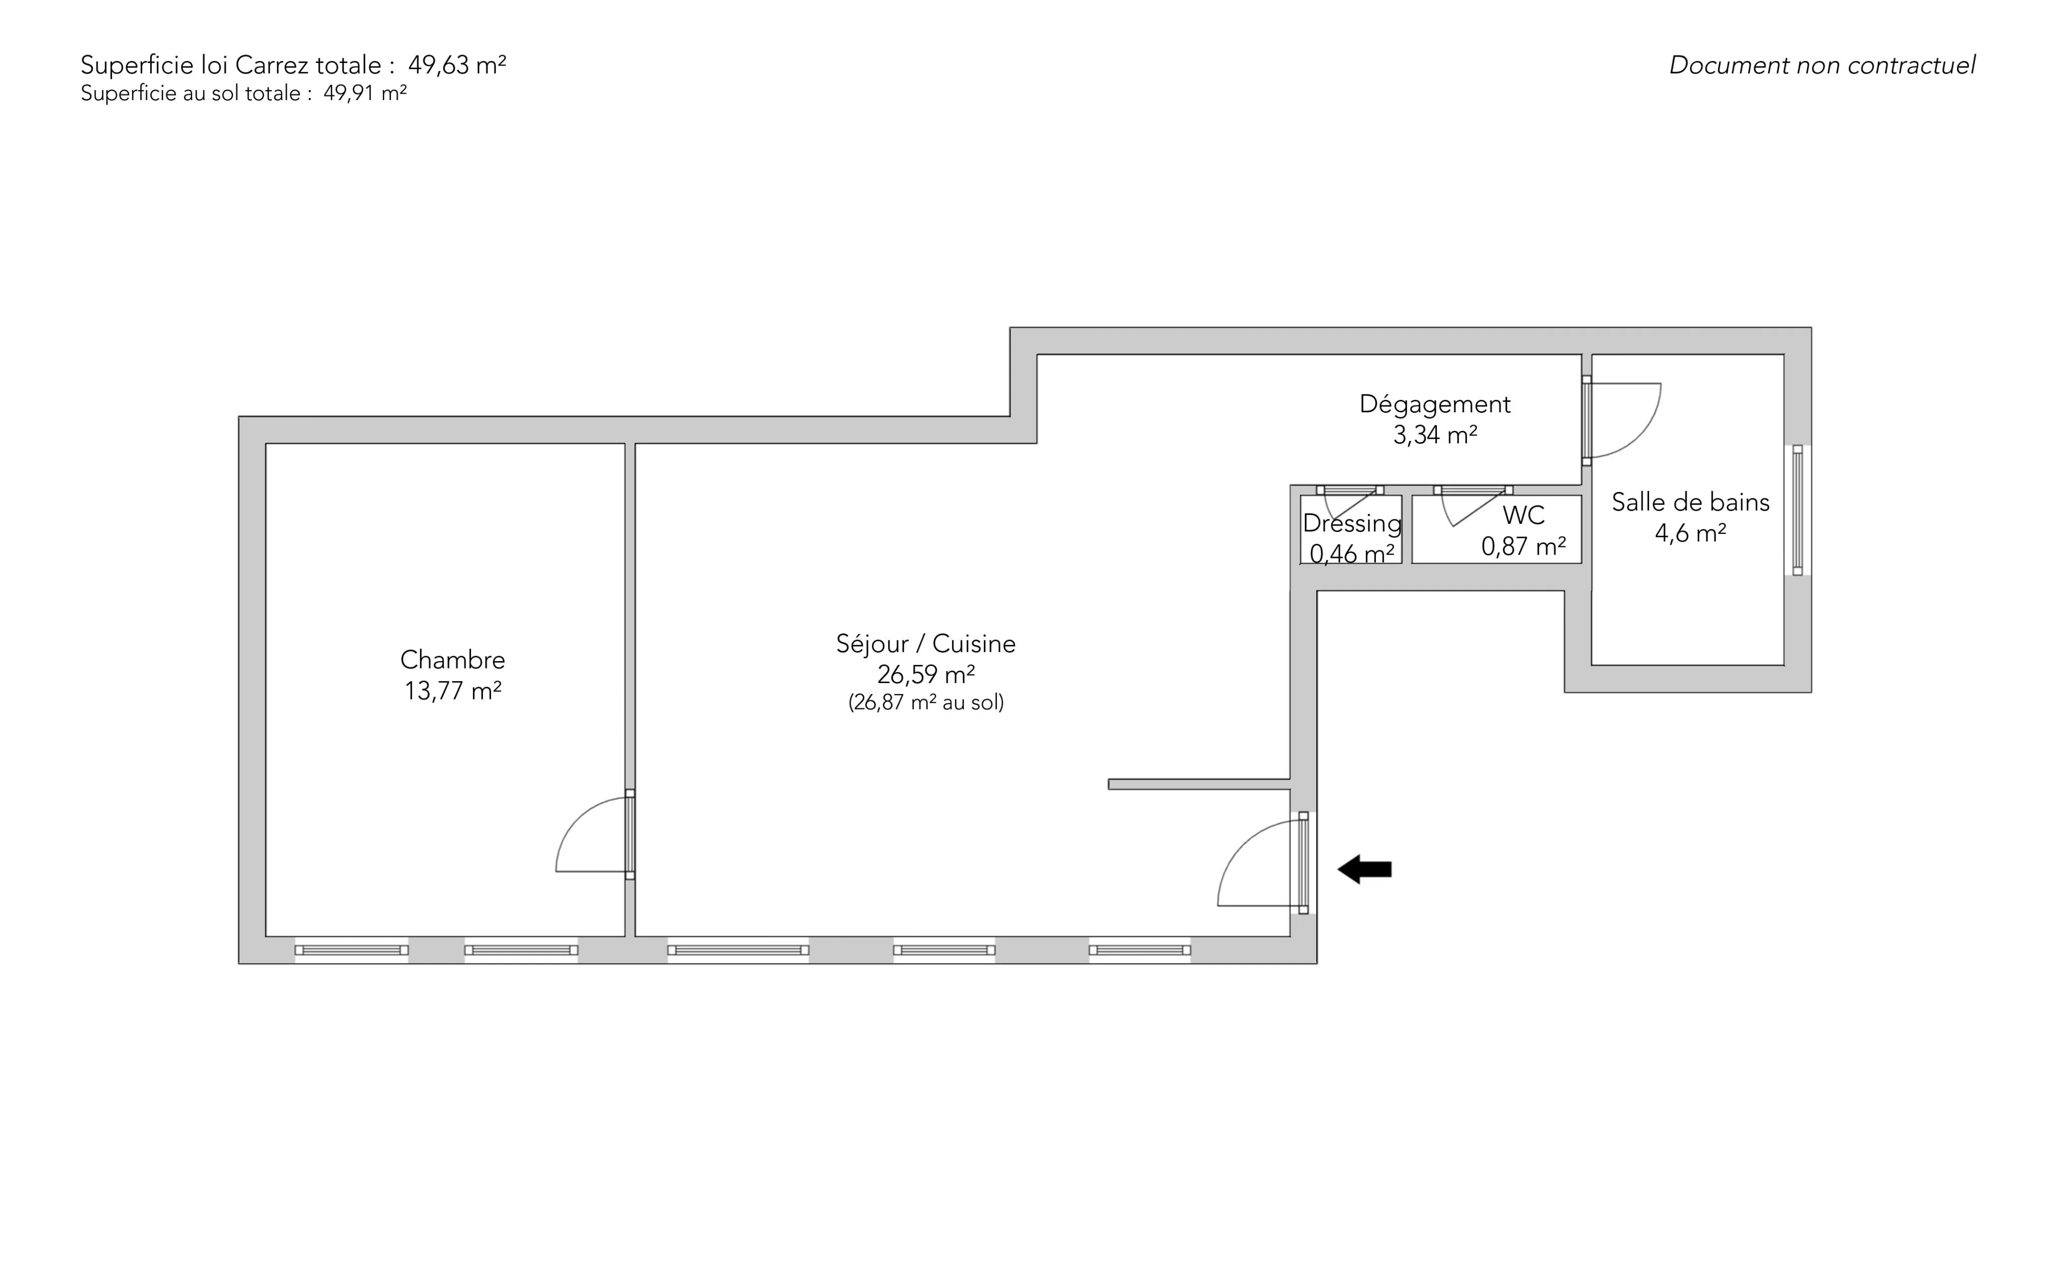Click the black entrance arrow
(1365, 869)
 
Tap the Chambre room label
(453, 660)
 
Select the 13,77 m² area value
(453, 691)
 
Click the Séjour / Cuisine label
(926, 643)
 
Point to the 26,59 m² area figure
(926, 674)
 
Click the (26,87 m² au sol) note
(926, 702)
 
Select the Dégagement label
(1435, 404)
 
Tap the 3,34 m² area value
(1435, 435)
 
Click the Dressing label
(1352, 523)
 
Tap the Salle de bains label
(1691, 502)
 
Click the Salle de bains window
(1797, 510)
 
